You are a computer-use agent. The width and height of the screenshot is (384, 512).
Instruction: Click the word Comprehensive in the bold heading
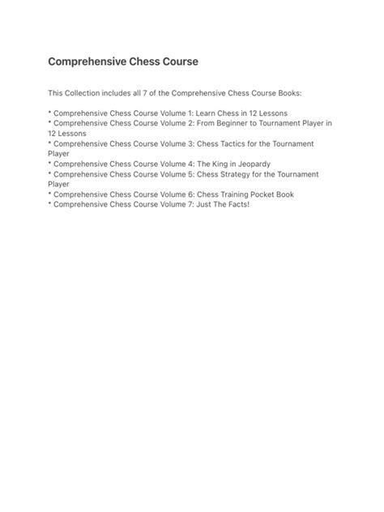click(87, 61)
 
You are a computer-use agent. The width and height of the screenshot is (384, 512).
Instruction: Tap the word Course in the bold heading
click(176, 61)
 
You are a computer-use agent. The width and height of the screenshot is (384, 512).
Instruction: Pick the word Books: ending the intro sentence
click(285, 93)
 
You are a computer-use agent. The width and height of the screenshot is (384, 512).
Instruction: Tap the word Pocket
click(266, 194)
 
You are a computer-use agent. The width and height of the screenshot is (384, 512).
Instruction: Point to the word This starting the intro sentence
click(56, 93)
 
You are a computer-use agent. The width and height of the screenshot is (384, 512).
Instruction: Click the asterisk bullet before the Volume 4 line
click(49, 164)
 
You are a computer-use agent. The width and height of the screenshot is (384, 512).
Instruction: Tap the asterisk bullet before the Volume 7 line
click(49, 205)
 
